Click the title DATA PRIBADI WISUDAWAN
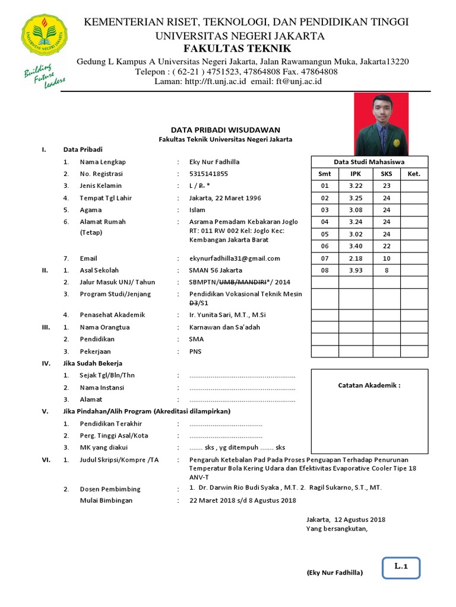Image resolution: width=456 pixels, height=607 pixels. (225, 130)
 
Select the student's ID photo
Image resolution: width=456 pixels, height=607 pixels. (381, 124)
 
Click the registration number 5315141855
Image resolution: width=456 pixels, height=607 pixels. (208, 174)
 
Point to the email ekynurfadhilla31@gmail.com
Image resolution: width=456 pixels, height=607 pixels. (235, 258)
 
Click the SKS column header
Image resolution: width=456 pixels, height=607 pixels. (386, 174)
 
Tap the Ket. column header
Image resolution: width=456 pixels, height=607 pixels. (414, 174)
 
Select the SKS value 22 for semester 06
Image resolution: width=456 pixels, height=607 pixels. (386, 246)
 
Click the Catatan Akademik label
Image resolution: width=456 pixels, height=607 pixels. (369, 385)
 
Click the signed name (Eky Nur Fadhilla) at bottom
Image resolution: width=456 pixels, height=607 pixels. (334, 573)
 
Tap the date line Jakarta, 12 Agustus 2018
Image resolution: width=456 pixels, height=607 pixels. (346, 519)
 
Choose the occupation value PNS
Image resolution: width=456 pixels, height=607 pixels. (195, 351)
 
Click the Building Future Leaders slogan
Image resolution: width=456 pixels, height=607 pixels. (44, 75)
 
